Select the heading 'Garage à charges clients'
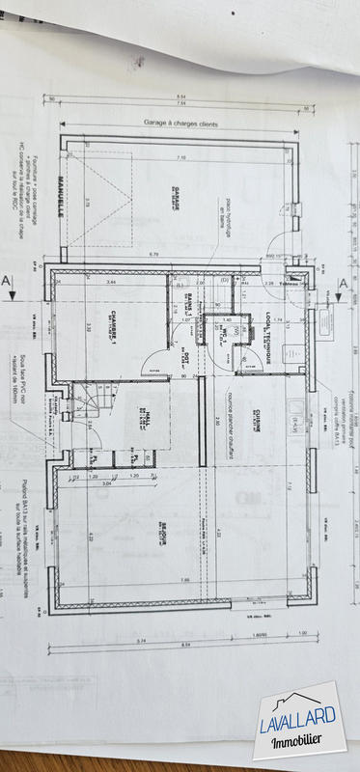pyautogui.click(x=181, y=124)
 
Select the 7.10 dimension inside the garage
pyautogui.click(x=181, y=157)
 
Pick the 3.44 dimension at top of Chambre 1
pyautogui.click(x=111, y=282)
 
